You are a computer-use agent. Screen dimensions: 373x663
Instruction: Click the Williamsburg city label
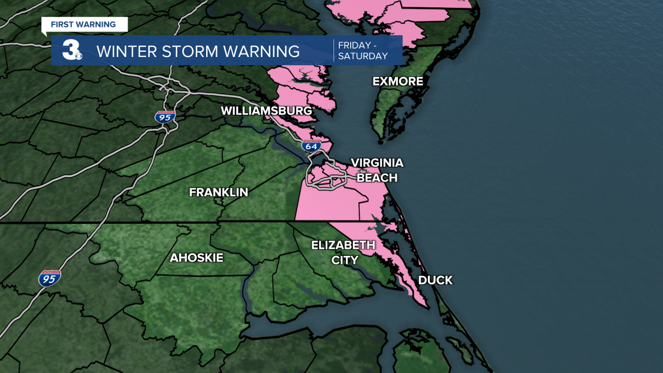(266, 111)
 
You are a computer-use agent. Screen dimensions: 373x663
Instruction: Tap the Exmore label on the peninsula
(398, 81)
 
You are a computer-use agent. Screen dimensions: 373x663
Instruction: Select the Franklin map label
(219, 192)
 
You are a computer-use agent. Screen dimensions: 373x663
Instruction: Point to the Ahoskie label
(196, 257)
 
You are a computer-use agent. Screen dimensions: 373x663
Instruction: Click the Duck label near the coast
(435, 280)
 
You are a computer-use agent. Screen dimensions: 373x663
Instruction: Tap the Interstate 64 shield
(311, 146)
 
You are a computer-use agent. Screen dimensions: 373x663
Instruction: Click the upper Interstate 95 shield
(165, 117)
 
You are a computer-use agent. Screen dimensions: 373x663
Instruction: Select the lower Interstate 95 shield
(50, 278)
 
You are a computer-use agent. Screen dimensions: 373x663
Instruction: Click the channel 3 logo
(71, 50)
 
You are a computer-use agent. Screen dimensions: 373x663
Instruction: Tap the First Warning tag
(83, 24)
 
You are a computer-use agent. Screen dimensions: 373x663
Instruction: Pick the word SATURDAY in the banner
(363, 56)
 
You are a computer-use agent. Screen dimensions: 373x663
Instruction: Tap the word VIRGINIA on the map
(377, 163)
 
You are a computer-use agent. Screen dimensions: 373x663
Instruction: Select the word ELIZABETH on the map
(343, 245)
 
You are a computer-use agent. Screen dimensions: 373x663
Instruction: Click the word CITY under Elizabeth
(344, 260)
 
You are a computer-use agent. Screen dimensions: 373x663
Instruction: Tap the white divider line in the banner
(334, 50)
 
